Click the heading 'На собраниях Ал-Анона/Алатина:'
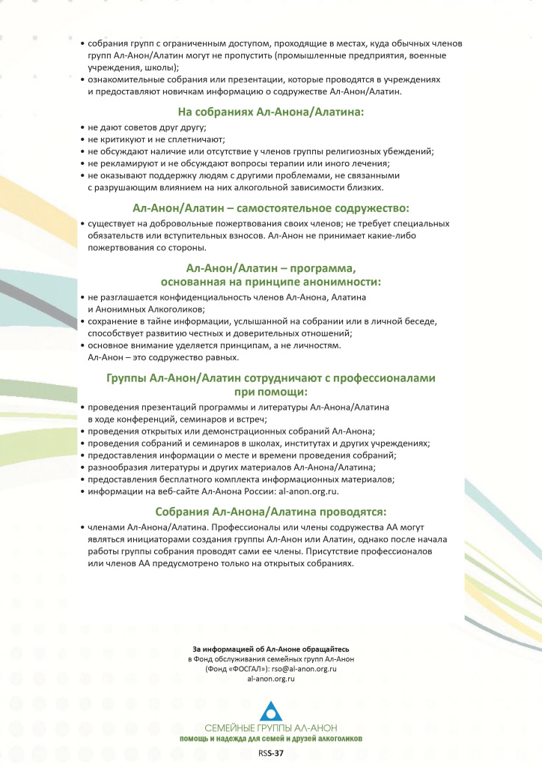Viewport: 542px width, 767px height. pos(270,112)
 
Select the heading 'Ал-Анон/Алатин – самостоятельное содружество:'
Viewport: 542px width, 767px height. pos(270,207)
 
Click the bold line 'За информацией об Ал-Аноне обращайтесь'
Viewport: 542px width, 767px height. pos(270,648)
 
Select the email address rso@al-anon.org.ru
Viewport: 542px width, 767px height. pos(303,668)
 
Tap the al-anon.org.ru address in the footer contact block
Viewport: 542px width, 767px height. pos(270,679)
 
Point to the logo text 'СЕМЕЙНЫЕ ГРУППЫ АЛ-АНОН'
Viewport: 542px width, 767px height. pos(270,729)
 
